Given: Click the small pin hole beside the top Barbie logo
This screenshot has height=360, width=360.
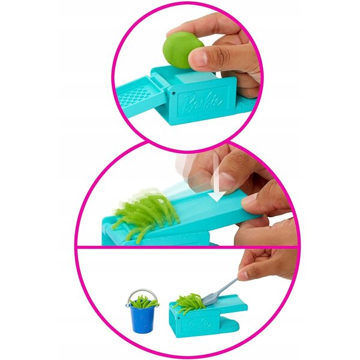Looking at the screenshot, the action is tap(174, 94).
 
